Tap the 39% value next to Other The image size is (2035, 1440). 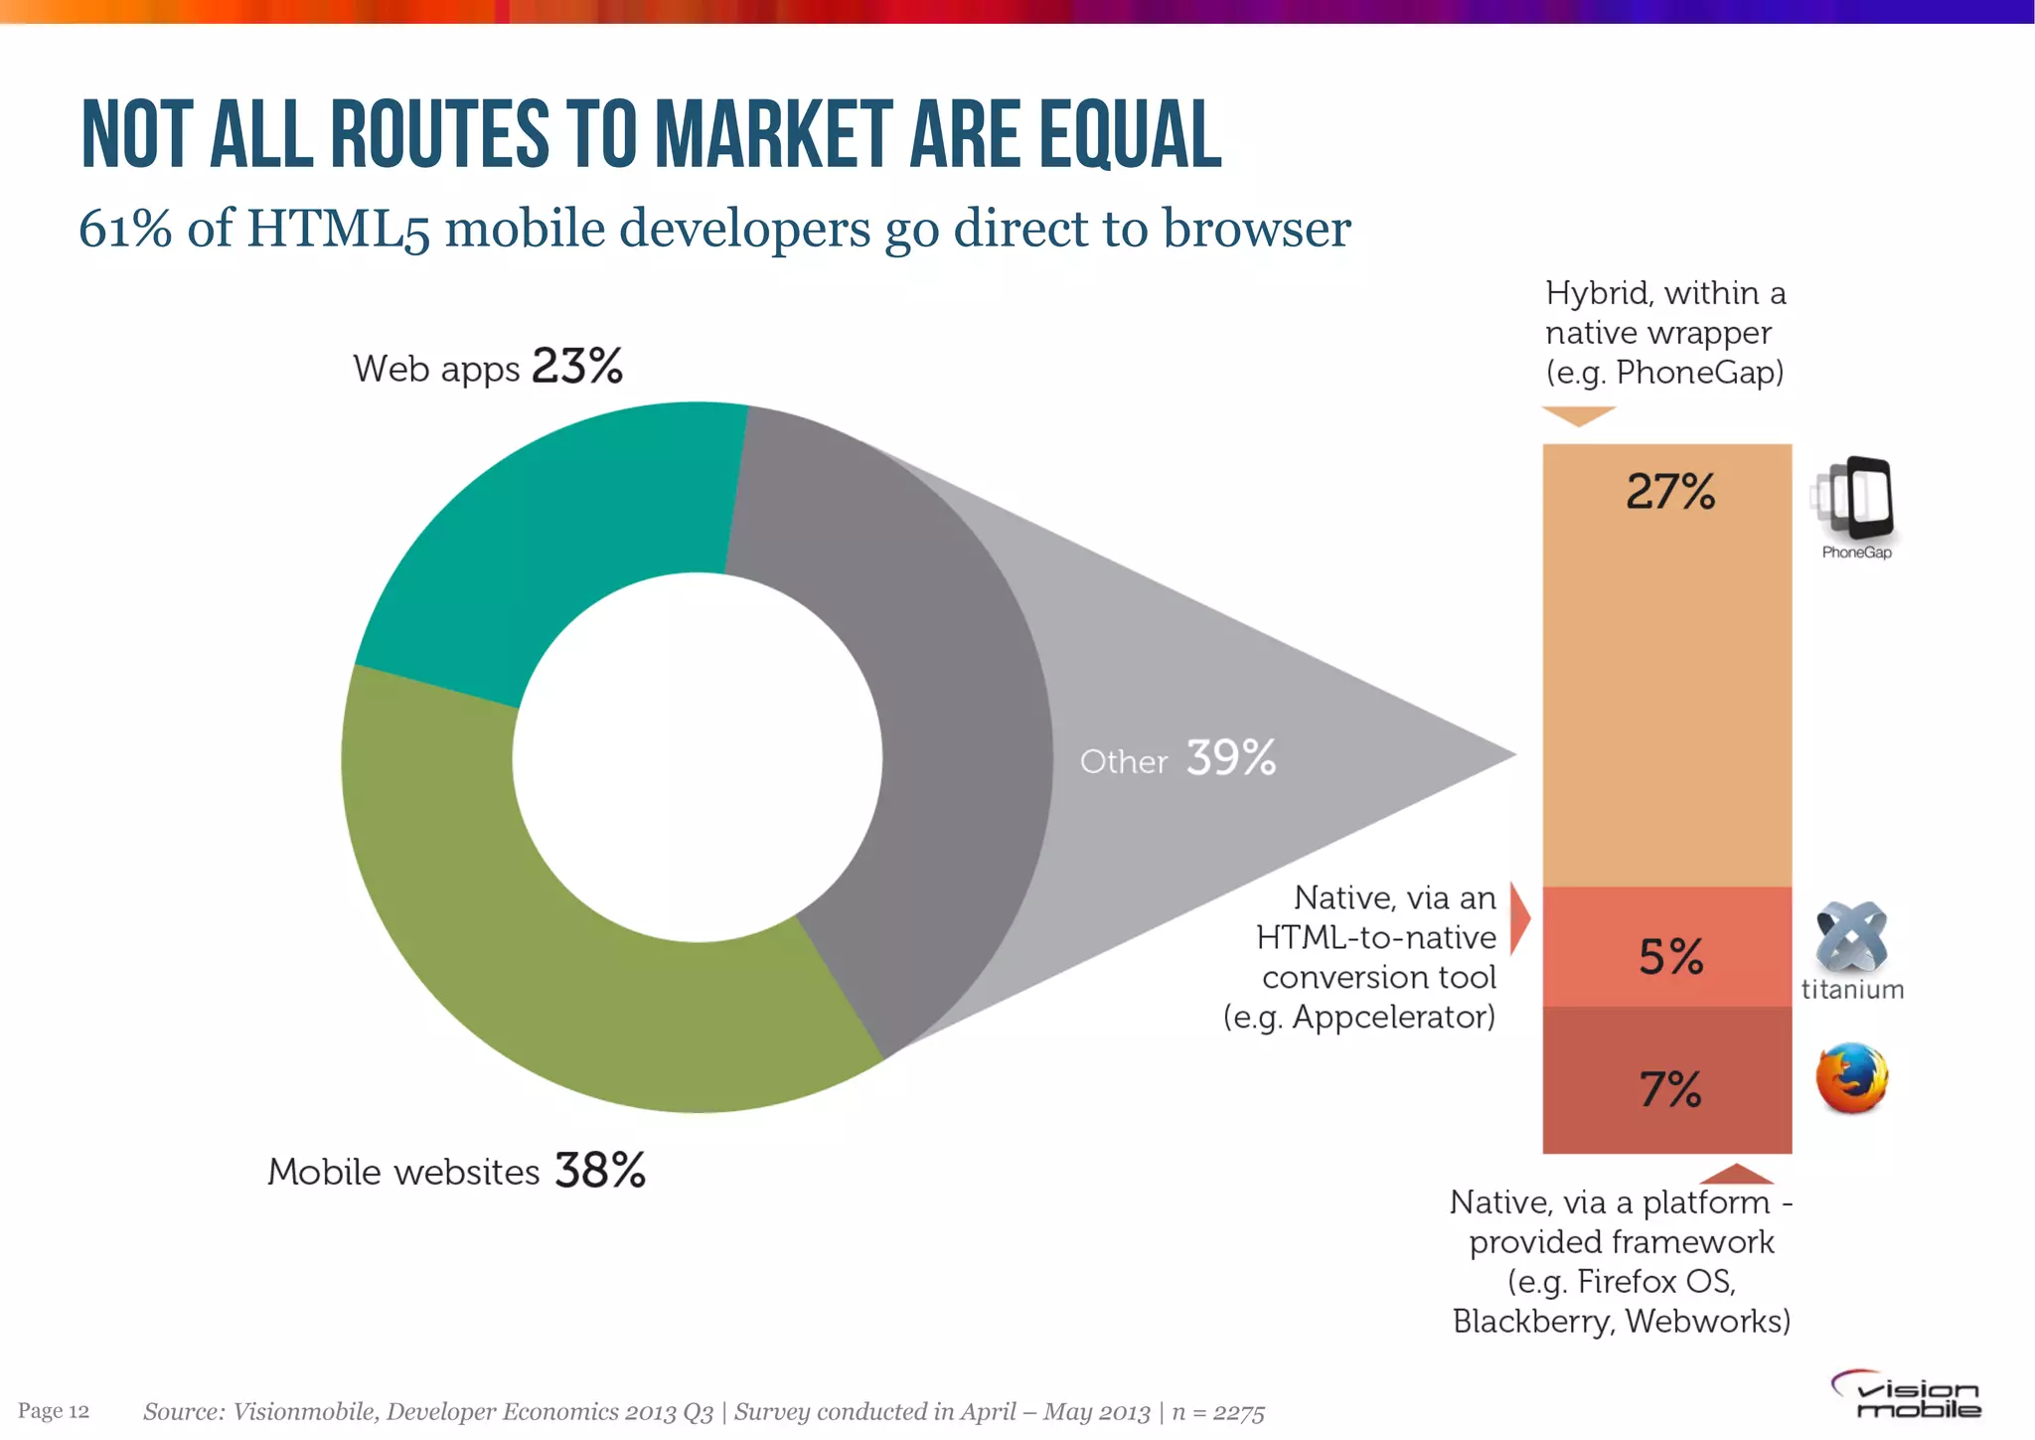pos(1231,758)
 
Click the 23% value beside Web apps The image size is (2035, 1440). pos(577,366)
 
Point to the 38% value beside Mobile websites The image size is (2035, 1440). pos(600,1170)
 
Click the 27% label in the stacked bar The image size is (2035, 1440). pos(1670,491)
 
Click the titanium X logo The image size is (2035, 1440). pos(1851,936)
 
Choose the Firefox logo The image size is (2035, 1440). pos(1851,1078)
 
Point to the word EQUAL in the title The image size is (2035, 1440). pos(1131,134)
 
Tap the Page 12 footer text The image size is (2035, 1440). pos(54,1411)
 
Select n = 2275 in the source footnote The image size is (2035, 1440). pos(1218,1412)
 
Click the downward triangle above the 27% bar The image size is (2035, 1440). pos(1579,415)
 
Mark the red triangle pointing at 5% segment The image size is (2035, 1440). pos(1519,917)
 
